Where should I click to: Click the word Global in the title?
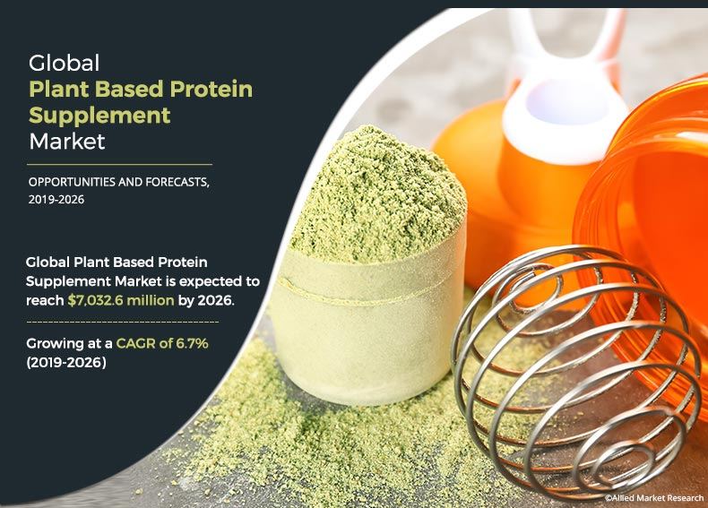point(64,64)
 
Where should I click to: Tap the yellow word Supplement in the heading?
point(99,116)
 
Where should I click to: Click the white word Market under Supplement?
point(67,142)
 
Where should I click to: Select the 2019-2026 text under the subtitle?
point(56,200)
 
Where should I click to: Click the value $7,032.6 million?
point(121,300)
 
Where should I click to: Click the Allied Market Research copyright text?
point(654,495)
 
